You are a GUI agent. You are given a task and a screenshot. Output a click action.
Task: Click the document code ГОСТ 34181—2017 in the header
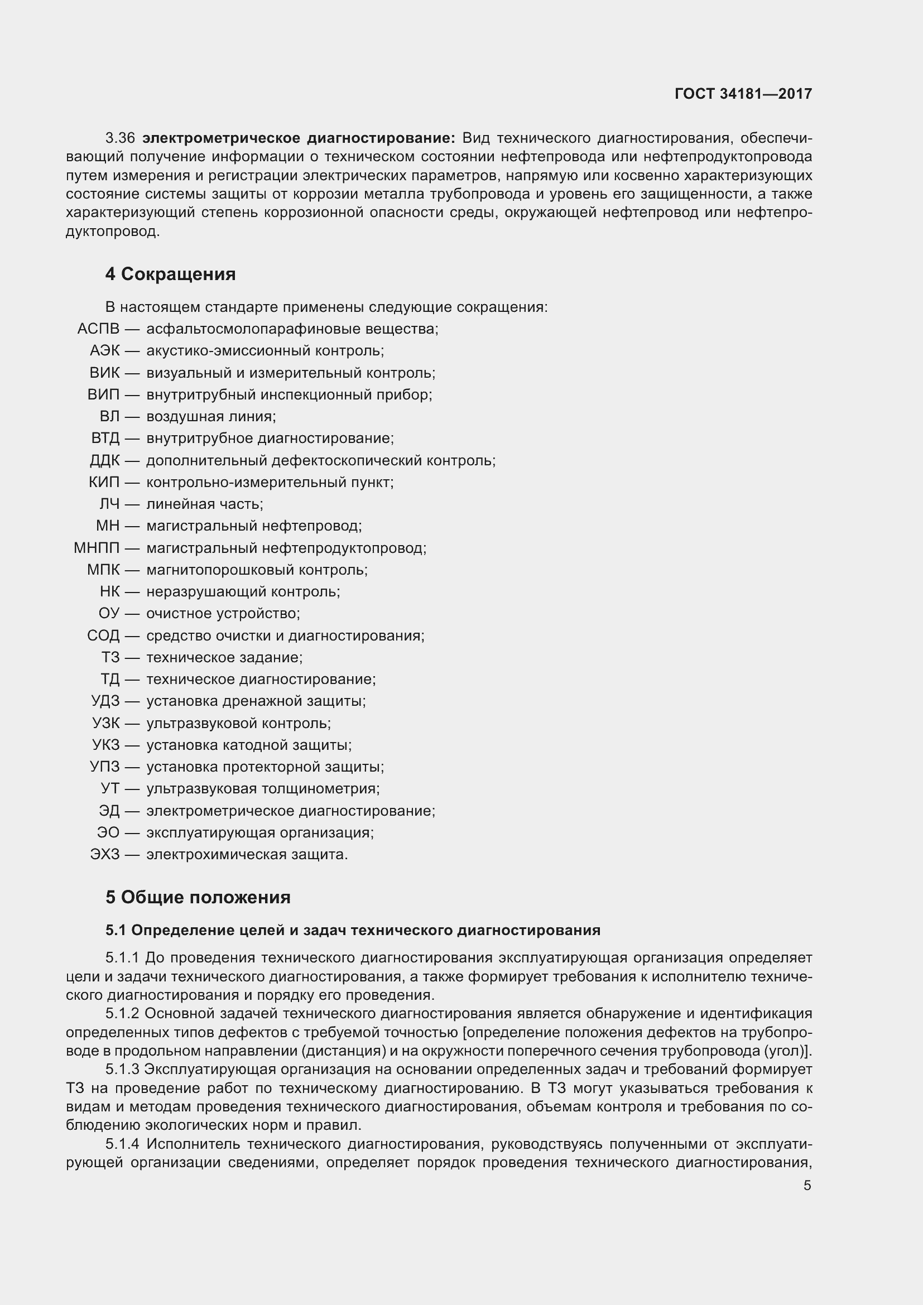coord(743,94)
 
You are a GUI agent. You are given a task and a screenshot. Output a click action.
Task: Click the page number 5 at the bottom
coord(807,1186)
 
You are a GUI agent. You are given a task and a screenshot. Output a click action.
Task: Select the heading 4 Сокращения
coord(170,274)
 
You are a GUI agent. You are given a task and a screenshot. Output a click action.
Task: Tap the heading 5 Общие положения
coord(198,897)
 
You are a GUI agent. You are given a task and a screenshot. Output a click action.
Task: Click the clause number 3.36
coord(120,138)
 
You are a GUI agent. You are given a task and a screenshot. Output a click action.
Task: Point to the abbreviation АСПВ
coord(98,329)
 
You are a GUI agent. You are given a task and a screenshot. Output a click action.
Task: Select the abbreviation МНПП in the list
coord(97,548)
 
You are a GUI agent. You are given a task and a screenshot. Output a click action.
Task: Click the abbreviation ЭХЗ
coord(104,854)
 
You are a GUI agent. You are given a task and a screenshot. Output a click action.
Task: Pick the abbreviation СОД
coord(103,635)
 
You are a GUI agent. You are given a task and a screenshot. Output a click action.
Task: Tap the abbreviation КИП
coord(104,483)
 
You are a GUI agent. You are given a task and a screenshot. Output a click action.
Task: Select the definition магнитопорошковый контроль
coord(257,570)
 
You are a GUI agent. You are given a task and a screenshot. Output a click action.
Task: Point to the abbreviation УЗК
coord(105,723)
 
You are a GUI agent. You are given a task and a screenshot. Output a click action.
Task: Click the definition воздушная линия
coord(211,417)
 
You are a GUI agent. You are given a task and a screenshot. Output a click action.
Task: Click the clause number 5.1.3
coord(122,1069)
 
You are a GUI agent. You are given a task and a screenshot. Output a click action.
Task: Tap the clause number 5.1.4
coord(122,1144)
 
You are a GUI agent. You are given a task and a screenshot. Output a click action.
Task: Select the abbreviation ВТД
coord(105,438)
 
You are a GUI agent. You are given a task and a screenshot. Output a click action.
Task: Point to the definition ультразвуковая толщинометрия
coord(263,788)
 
